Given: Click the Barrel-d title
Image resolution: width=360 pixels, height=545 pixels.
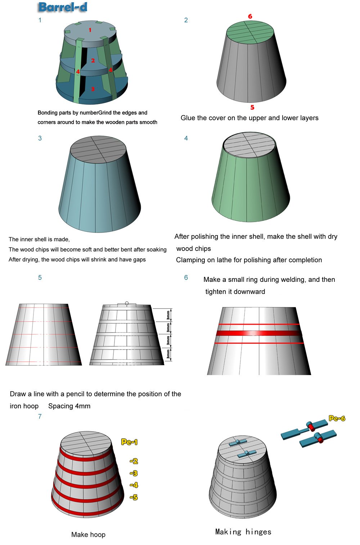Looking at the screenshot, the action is click(x=63, y=7).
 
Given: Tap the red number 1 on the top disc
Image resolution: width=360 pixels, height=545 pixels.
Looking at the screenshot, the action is click(x=90, y=30).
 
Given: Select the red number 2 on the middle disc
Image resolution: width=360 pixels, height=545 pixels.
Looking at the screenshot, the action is click(x=93, y=60).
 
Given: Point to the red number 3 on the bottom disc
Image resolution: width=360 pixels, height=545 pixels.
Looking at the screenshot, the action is click(x=93, y=89).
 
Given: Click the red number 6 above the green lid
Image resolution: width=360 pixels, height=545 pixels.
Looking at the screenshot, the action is click(x=250, y=16).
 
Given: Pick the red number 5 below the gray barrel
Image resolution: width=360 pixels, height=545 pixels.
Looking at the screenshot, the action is click(x=252, y=107).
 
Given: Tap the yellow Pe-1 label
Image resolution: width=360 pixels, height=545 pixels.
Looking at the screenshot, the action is click(x=129, y=442).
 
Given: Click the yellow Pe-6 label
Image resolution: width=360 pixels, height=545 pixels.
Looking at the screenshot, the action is click(x=337, y=418).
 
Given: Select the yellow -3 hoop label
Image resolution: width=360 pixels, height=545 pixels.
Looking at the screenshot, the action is click(x=134, y=473).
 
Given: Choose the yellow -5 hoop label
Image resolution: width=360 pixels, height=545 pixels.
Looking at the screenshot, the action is click(x=134, y=497).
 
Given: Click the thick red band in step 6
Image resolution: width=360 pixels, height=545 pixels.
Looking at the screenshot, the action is click(x=259, y=333).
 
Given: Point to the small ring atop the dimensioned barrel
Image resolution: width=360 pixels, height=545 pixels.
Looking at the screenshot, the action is click(x=127, y=303).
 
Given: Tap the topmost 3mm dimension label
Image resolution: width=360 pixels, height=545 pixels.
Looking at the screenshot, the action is click(x=168, y=315).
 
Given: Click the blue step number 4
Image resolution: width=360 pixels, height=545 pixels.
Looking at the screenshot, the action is click(x=186, y=138).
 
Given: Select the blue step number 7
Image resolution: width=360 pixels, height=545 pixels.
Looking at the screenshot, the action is click(x=40, y=416).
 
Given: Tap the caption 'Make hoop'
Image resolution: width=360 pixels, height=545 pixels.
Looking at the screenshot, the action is click(x=88, y=535).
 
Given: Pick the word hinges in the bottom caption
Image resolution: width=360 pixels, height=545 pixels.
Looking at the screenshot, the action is click(x=258, y=532).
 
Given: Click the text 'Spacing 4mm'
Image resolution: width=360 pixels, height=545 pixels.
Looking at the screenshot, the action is click(x=69, y=406).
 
